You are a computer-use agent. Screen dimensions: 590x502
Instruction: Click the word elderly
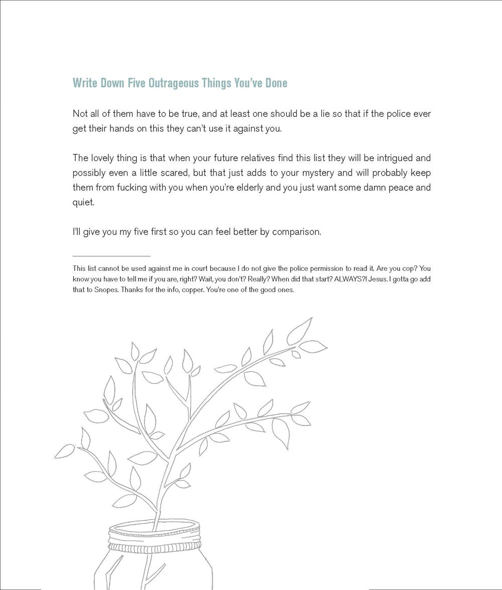coord(260,188)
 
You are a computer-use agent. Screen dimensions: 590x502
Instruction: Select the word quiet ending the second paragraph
coord(82,203)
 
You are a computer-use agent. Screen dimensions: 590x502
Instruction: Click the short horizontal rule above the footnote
coord(111,256)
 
